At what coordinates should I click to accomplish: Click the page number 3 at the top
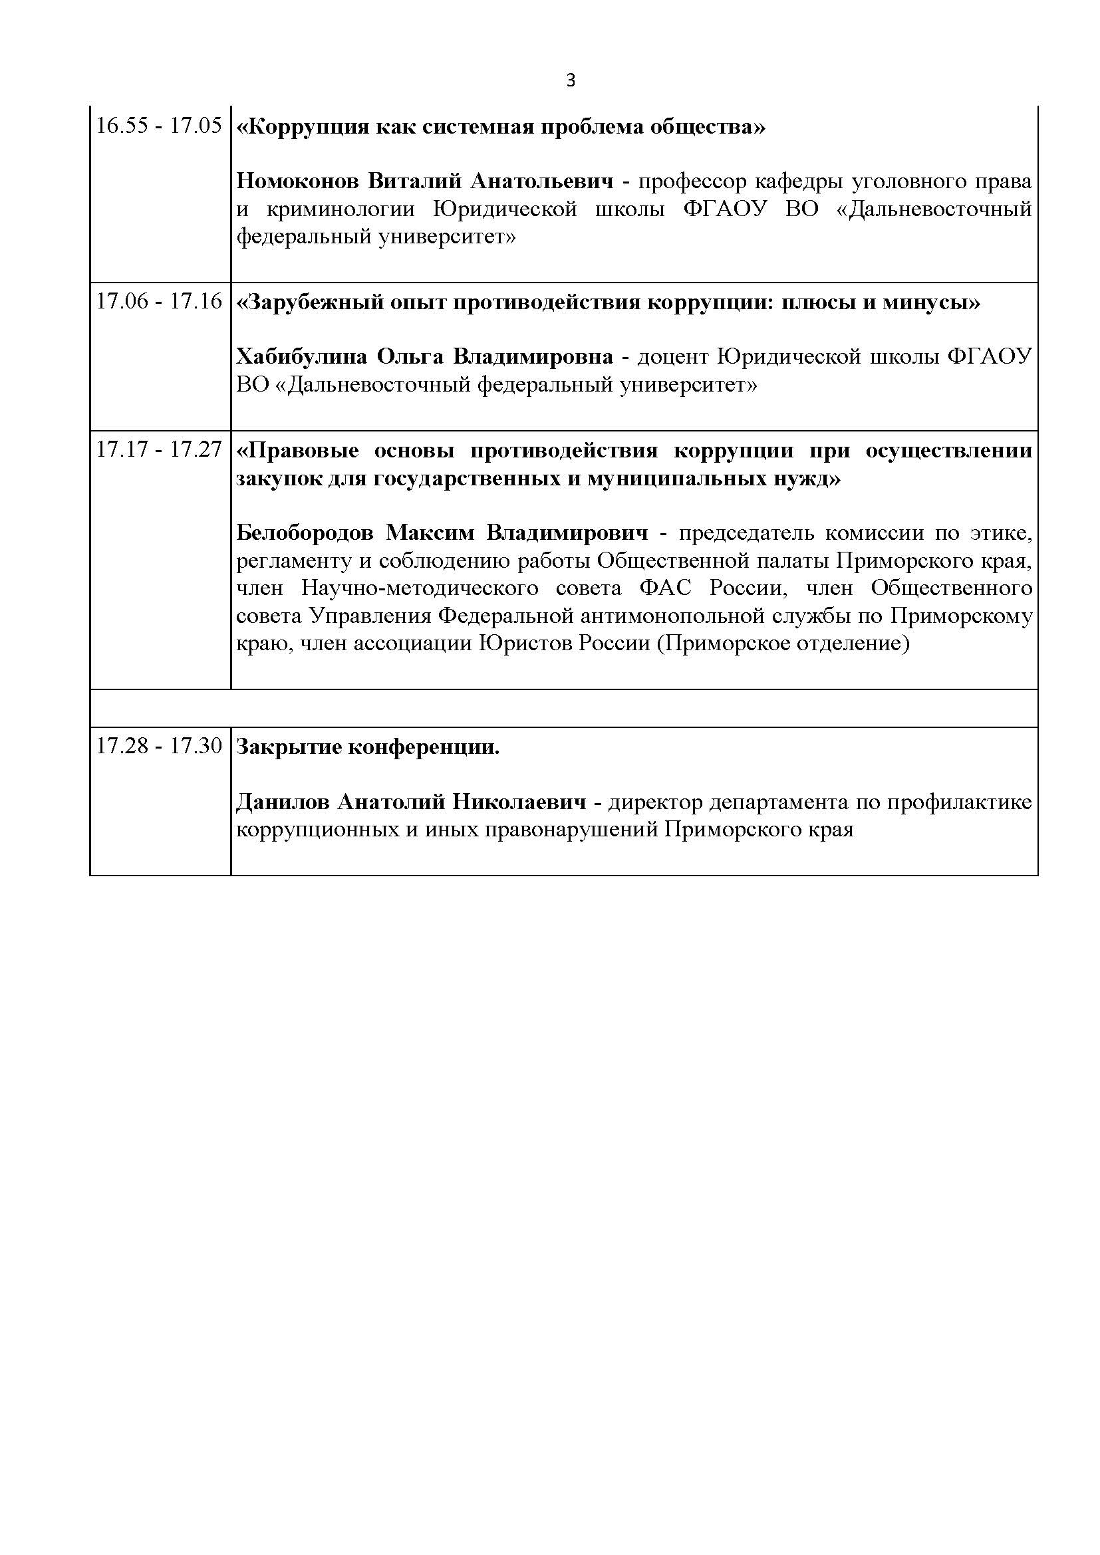[571, 81]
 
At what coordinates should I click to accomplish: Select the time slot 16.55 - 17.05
[159, 126]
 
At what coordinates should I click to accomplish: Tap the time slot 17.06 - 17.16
[159, 301]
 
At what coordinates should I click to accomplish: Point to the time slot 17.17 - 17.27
[159, 449]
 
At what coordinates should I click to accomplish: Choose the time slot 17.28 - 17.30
[159, 747]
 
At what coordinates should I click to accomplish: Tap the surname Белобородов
[305, 533]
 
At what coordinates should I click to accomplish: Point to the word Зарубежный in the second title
[309, 302]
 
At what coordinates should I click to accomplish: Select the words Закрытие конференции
[368, 747]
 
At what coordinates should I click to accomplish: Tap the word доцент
[673, 357]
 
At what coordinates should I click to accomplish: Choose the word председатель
[746, 533]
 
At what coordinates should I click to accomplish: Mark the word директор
[654, 802]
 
